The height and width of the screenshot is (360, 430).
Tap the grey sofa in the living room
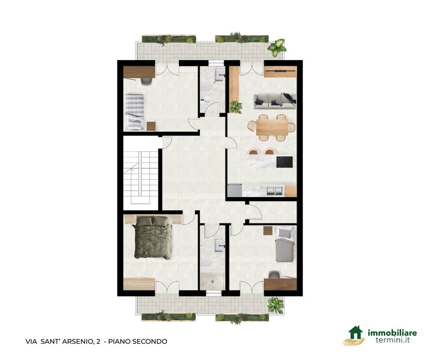point(275,101)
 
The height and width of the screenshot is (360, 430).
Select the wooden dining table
point(272,127)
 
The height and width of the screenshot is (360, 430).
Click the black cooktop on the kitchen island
point(284,162)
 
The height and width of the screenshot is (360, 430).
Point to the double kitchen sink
point(275,190)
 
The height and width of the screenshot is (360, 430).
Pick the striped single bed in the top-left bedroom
point(134,112)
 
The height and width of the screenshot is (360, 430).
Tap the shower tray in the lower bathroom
point(212,281)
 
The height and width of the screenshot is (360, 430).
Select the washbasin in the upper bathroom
point(219,74)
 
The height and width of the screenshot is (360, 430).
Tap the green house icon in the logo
point(356,333)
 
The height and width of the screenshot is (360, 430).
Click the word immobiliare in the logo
point(392,333)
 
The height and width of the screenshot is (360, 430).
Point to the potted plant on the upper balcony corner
point(276,47)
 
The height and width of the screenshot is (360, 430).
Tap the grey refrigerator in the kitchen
point(235,190)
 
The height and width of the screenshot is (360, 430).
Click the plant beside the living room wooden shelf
point(236,107)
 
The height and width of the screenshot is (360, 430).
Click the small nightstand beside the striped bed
point(151,126)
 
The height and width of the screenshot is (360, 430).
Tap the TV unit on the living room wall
point(280,72)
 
